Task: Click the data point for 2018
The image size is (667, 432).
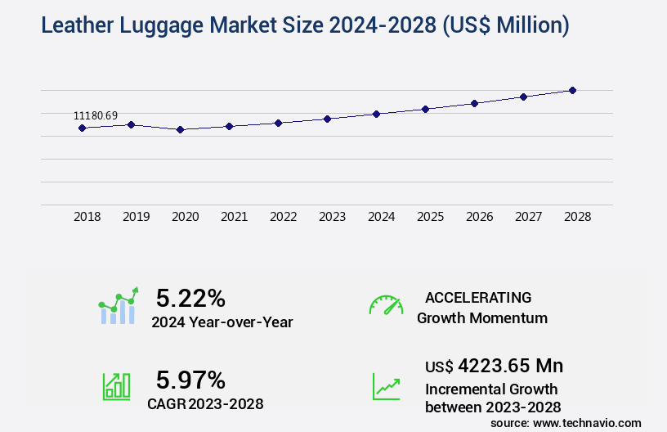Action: click(x=82, y=128)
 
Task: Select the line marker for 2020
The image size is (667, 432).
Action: click(x=180, y=129)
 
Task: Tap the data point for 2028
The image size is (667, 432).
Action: click(x=572, y=90)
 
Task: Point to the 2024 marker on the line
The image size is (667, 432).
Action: click(x=376, y=114)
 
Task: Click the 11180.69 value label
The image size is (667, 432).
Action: click(x=96, y=116)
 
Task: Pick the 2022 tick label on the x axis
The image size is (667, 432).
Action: click(x=283, y=217)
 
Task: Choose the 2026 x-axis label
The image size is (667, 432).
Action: click(x=479, y=217)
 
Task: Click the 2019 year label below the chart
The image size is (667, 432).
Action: click(x=136, y=217)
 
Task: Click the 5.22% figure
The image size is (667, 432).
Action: click(x=190, y=298)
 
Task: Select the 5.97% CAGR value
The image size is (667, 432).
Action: click(x=190, y=380)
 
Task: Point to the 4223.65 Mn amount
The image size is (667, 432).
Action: click(x=510, y=366)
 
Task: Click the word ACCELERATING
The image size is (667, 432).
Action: click(x=478, y=298)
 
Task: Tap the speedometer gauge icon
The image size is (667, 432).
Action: click(x=386, y=305)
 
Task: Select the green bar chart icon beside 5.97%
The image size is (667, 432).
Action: click(x=116, y=386)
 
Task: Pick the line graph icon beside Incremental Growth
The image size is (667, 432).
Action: click(x=386, y=386)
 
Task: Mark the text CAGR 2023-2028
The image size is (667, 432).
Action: click(x=205, y=403)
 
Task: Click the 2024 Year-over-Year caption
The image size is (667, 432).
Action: click(x=222, y=322)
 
